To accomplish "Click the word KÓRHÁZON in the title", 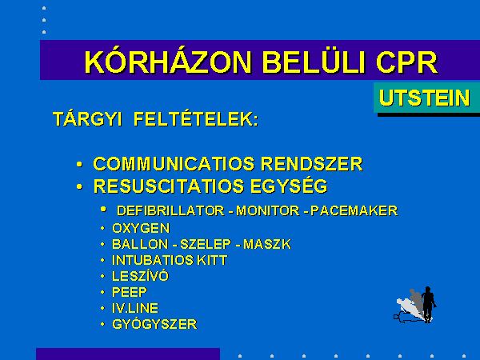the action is tap(168, 62).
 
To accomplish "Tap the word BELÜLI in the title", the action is tap(314, 62).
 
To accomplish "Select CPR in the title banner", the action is tap(407, 62).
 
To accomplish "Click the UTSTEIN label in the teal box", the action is tap(425, 98).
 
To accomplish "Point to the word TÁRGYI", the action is tap(87, 118).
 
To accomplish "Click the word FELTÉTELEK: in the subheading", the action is tap(196, 118).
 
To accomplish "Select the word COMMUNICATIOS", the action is tap(174, 164).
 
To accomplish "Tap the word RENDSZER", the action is tap(312, 164).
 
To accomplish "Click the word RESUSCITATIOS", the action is tap(169, 186).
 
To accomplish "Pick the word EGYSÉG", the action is tap(290, 186).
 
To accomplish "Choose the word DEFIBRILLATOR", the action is tap(171, 211).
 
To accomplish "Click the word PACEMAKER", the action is tap(354, 211).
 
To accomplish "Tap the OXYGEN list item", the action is tap(141, 228).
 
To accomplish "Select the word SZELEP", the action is tap(206, 244).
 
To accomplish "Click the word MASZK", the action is tap(267, 244).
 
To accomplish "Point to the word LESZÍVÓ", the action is tap(141, 276).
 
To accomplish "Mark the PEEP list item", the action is tap(130, 292).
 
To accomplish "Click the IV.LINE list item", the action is tap(136, 308).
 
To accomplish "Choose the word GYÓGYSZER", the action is tap(155, 324).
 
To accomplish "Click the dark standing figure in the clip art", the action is tap(428, 304).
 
